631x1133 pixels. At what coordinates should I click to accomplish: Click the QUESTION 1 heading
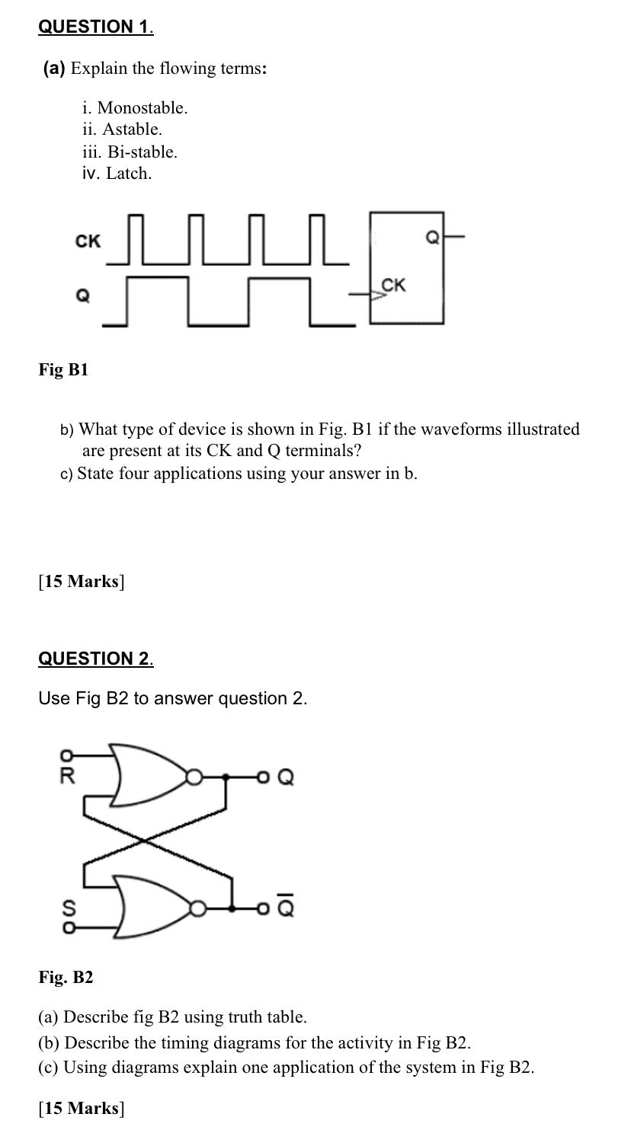tap(95, 27)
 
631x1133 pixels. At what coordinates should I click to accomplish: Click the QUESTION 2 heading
tap(95, 659)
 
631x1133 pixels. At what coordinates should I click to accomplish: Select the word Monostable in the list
tap(142, 107)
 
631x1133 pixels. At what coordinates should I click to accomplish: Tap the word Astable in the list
tap(132, 129)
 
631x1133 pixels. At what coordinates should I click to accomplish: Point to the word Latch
tap(129, 174)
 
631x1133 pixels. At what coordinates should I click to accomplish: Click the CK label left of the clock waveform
tap(88, 241)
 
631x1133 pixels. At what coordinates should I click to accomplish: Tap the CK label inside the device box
tap(393, 286)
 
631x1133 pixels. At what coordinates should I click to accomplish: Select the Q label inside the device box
tap(431, 238)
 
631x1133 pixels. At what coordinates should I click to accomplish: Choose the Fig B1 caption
tap(64, 370)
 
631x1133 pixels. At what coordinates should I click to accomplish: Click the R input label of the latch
tap(67, 777)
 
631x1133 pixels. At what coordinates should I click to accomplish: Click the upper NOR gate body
tap(149, 775)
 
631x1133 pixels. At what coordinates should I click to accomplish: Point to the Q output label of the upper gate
tap(286, 777)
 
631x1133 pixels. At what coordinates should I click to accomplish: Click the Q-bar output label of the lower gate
tap(287, 908)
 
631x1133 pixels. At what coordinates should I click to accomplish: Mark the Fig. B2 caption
tap(66, 978)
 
